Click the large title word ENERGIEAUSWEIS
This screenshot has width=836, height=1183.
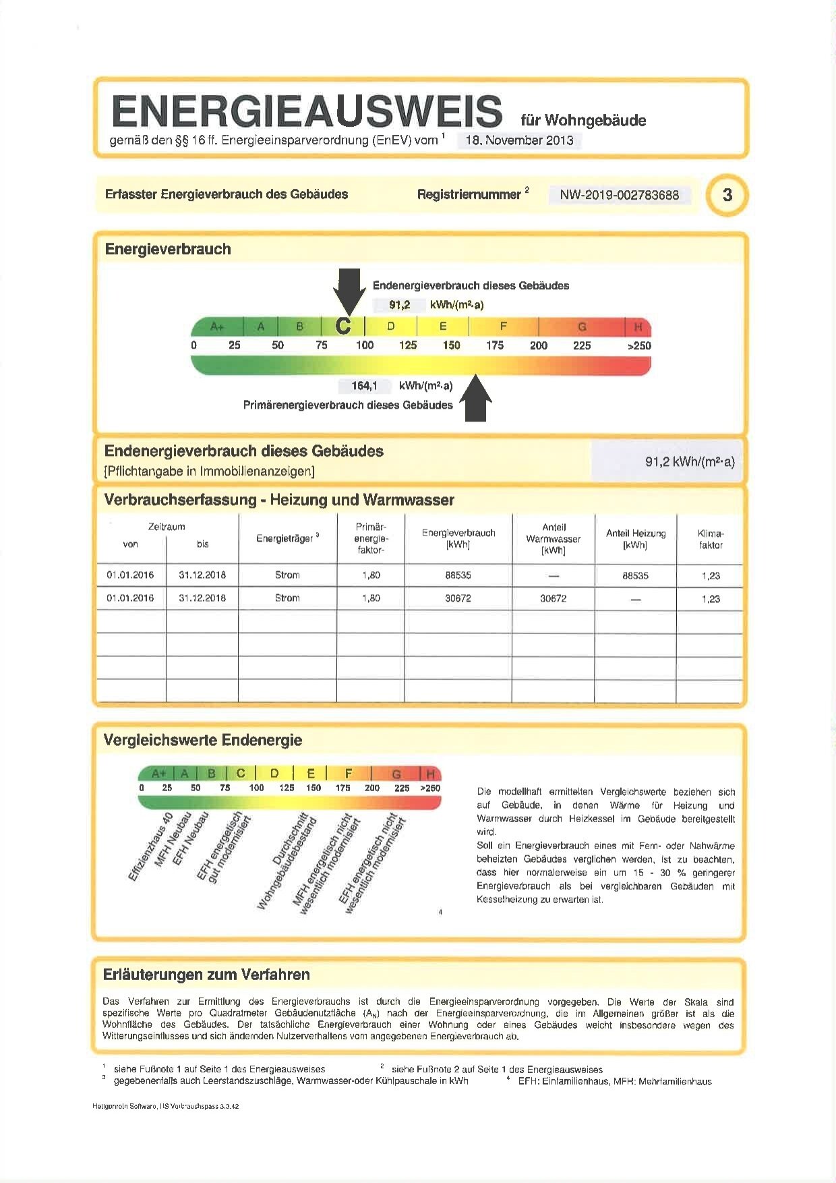point(307,111)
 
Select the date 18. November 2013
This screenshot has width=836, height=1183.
point(519,140)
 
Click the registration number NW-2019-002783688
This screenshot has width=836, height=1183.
point(619,196)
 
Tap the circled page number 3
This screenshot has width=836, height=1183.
point(727,195)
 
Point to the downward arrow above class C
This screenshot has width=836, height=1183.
point(349,291)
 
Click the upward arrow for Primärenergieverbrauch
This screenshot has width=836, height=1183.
point(476,399)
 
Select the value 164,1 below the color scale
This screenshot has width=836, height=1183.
point(364,386)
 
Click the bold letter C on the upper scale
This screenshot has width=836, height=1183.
point(343,326)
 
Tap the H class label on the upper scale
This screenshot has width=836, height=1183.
point(638,327)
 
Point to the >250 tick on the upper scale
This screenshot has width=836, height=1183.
point(638,345)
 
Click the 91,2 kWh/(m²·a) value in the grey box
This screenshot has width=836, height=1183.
point(689,462)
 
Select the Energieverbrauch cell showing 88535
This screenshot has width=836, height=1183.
point(458,575)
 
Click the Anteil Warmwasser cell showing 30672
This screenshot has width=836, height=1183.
point(553,598)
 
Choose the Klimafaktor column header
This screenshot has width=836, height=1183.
point(710,539)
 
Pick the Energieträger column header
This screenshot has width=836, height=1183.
point(287,538)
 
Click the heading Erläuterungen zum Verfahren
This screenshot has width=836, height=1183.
point(206,975)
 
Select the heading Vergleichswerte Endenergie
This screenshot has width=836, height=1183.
point(202,740)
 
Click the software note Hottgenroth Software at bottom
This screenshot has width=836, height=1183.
point(165,1106)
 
